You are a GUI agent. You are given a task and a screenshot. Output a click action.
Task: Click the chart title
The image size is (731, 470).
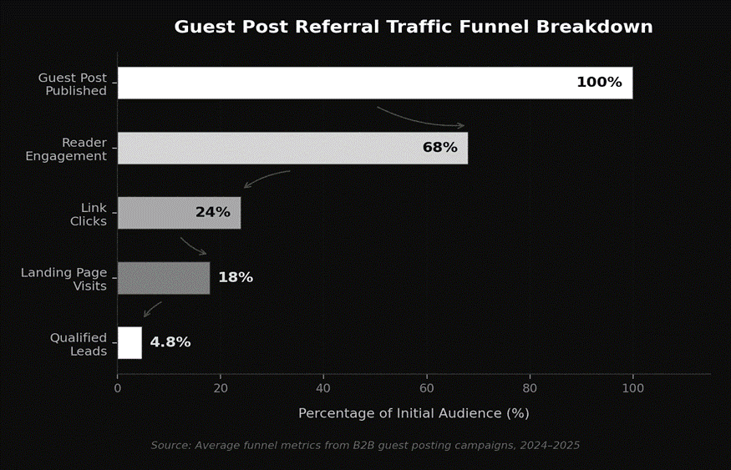[413, 27]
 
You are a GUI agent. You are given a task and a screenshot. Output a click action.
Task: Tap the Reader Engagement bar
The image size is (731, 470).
[267, 148]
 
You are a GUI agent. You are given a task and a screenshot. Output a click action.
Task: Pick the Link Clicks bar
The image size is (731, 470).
[159, 213]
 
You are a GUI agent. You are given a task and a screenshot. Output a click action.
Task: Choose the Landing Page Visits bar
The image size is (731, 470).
[163, 278]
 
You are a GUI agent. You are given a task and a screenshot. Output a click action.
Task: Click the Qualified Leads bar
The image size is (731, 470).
[129, 342]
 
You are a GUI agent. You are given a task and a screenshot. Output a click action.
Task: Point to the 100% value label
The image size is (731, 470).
[599, 83]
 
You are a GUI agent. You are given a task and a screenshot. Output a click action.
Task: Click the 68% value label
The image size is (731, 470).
[439, 148]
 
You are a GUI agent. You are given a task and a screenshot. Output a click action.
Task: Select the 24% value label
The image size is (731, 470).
[212, 213]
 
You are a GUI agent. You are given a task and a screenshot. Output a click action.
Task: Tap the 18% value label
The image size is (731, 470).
[236, 278]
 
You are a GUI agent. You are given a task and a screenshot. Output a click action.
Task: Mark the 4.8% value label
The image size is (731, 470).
[170, 342]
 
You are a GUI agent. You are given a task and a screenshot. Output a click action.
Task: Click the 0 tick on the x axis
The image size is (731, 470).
[118, 388]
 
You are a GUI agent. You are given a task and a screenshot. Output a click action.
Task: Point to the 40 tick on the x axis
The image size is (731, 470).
[323, 388]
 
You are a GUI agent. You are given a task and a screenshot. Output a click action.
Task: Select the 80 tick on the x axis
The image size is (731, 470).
[530, 388]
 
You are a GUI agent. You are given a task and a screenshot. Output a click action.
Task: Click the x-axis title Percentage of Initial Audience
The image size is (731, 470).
[414, 413]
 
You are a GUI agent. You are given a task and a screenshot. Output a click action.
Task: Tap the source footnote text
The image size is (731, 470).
[365, 446]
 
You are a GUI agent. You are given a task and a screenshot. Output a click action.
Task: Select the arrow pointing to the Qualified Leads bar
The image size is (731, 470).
[152, 309]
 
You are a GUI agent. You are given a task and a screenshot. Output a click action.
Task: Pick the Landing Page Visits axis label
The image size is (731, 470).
[64, 279]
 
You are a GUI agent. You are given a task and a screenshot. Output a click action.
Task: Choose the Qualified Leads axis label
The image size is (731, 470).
[79, 344]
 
